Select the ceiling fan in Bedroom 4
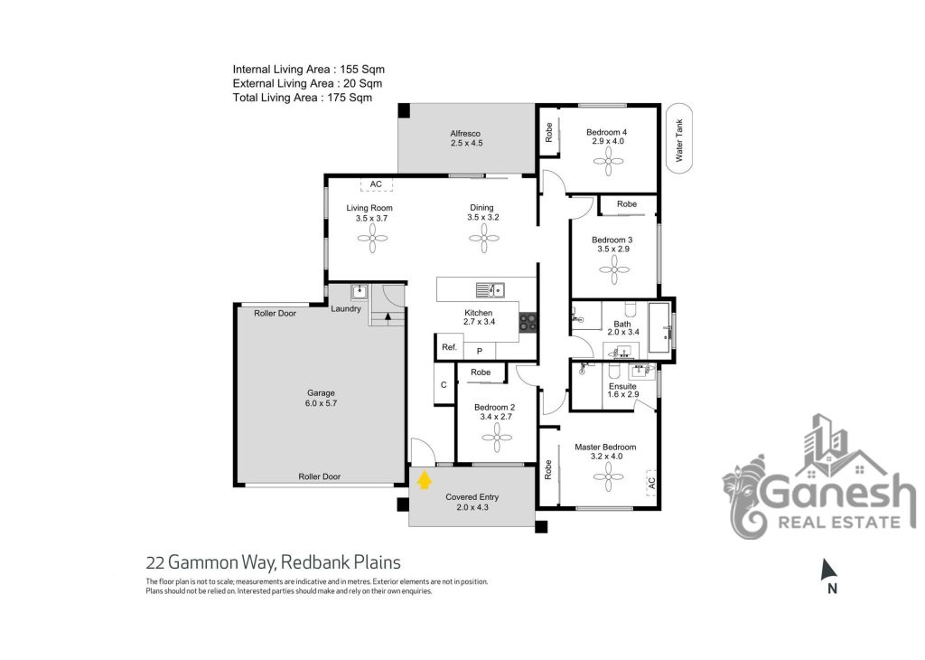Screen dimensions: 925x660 click(x=608, y=161)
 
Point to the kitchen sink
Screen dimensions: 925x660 click(x=490, y=290)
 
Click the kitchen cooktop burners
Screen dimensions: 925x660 click(x=528, y=323)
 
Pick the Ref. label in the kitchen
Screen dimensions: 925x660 click(x=450, y=347)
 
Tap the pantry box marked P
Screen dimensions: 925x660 click(x=479, y=351)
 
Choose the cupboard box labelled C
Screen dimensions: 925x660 click(x=444, y=384)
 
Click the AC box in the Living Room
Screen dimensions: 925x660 click(x=377, y=184)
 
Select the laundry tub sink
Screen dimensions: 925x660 click(x=360, y=291)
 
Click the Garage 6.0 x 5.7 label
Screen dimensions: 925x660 click(x=321, y=398)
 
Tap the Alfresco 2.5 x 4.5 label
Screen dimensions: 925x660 click(x=466, y=138)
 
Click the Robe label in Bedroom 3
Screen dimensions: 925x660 click(x=627, y=203)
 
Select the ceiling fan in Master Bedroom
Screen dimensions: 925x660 click(x=608, y=476)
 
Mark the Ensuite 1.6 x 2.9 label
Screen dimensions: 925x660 click(x=623, y=391)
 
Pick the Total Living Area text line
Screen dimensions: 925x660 click(x=303, y=98)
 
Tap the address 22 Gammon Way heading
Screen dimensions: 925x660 click(x=274, y=562)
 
